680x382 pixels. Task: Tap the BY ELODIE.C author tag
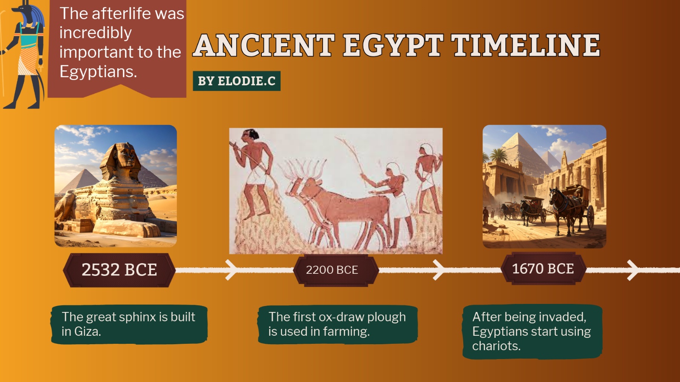point(236,81)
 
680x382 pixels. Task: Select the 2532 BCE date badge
point(119,270)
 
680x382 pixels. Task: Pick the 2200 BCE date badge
point(336,270)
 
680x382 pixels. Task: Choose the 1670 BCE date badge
point(543,269)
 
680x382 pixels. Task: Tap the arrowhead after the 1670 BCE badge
point(633,270)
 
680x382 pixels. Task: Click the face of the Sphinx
point(128,158)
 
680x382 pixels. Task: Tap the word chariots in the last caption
point(496,346)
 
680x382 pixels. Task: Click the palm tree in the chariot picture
point(499,155)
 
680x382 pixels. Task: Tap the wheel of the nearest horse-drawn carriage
point(590,217)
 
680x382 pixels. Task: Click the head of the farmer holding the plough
point(250,135)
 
